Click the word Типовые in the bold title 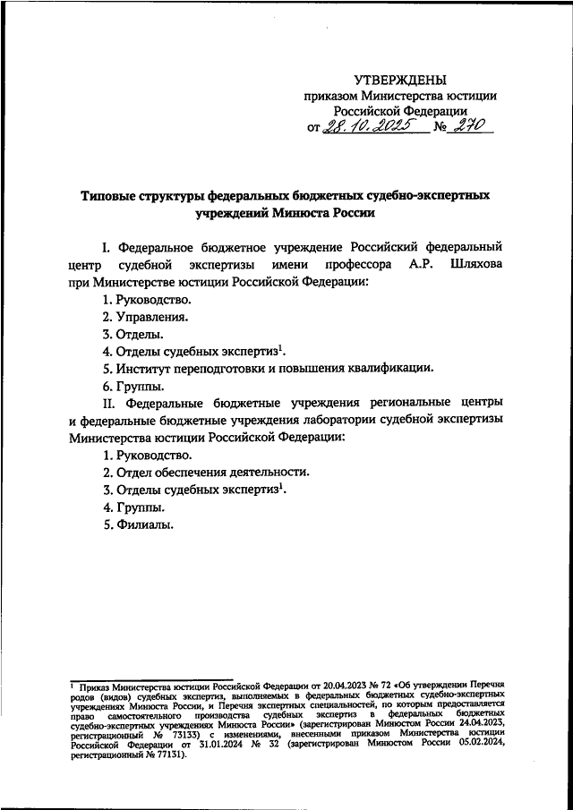111,194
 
